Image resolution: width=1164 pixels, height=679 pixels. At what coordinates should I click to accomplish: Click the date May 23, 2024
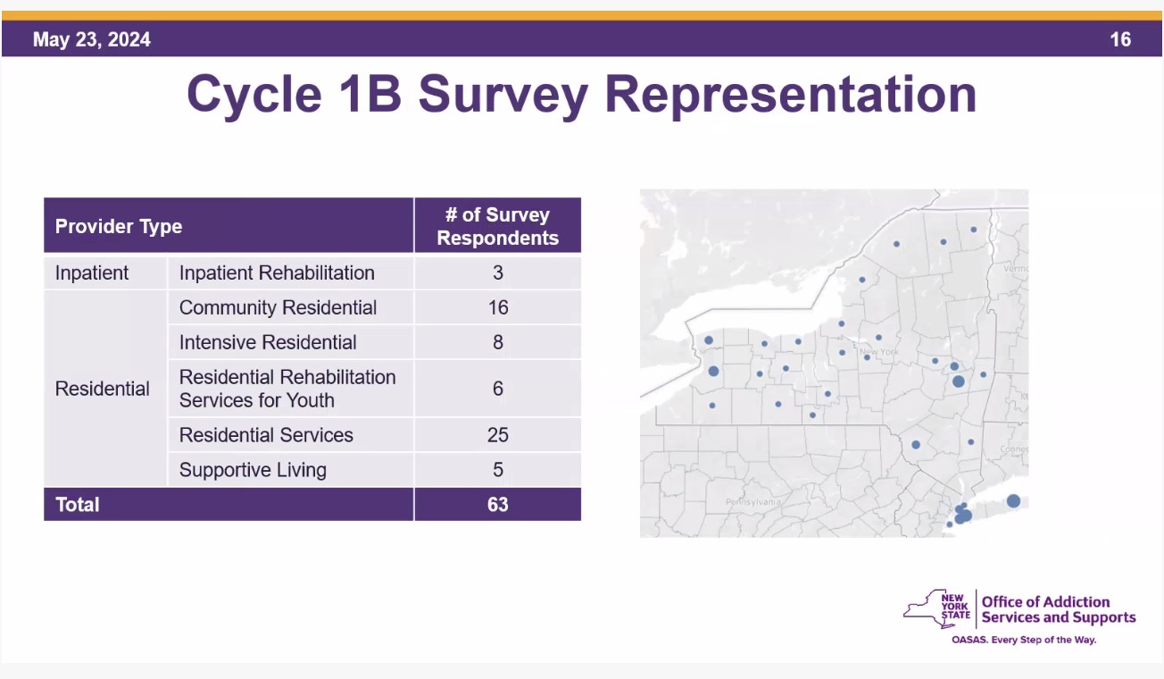[92, 40]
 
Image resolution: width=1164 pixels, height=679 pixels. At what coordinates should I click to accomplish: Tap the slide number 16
[1120, 40]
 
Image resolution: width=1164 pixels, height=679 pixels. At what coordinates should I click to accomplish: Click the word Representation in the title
[790, 95]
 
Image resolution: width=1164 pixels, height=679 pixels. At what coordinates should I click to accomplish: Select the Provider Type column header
[119, 227]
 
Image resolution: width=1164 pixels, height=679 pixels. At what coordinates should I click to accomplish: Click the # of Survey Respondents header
[497, 227]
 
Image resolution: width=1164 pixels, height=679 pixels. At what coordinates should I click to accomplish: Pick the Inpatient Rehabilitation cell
[277, 273]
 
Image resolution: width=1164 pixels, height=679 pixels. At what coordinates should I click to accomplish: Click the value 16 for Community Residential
[497, 308]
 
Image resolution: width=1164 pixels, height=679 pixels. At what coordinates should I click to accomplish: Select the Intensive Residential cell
[268, 343]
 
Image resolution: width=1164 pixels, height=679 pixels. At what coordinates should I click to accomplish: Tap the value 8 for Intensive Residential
[497, 343]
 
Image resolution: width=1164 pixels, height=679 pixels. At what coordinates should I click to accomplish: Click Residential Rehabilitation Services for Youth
[287, 389]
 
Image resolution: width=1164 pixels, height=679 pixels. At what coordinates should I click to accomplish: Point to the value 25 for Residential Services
[497, 435]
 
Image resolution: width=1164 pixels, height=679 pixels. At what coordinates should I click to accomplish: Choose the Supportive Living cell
[253, 470]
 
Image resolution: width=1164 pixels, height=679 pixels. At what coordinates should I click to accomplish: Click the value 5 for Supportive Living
[497, 470]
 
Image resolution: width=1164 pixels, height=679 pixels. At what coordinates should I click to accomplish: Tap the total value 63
[497, 505]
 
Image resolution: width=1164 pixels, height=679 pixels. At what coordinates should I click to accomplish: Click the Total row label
[78, 505]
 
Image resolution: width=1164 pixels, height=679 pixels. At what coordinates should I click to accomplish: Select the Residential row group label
[103, 390]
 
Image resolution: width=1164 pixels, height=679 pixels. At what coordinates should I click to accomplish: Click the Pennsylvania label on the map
[752, 502]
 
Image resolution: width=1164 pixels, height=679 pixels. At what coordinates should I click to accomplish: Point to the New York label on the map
[878, 353]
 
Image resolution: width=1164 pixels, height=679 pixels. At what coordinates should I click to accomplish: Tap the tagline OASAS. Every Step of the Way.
[1024, 641]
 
